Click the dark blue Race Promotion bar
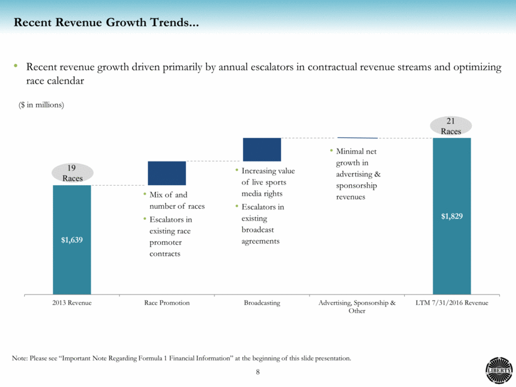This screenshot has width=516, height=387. (167, 173)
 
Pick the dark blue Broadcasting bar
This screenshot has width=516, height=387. (262, 149)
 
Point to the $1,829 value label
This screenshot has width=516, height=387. (452, 217)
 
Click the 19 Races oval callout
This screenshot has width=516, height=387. (73, 173)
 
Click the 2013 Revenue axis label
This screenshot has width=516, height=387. (72, 303)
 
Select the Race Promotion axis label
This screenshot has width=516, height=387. (167, 303)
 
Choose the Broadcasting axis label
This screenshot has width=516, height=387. (262, 303)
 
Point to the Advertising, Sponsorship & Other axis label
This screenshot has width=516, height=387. (357, 307)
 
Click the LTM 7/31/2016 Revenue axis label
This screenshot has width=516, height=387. (452, 303)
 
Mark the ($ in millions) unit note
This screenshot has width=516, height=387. (41, 105)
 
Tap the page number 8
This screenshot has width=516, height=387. (258, 372)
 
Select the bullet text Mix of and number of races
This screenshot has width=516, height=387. (177, 201)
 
